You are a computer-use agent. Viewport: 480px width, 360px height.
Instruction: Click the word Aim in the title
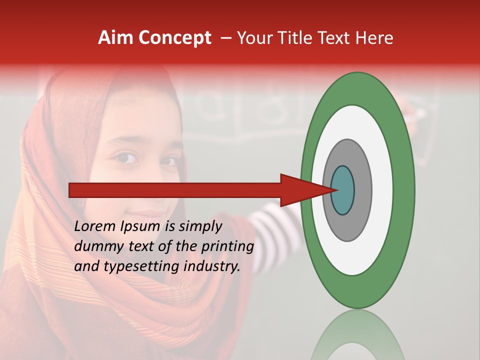[x=115, y=38]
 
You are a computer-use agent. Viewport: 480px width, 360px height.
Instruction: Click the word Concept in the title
[x=174, y=38]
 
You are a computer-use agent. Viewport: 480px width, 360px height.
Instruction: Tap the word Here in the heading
[x=375, y=38]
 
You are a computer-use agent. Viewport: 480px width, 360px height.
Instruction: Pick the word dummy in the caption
[x=95, y=246]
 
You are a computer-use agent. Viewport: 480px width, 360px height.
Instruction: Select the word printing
[x=227, y=246]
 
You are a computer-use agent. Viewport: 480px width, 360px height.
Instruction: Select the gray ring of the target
[x=362, y=190]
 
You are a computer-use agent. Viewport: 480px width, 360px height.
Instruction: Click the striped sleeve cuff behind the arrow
[x=270, y=220]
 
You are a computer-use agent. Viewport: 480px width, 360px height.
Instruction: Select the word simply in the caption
[x=199, y=226]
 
